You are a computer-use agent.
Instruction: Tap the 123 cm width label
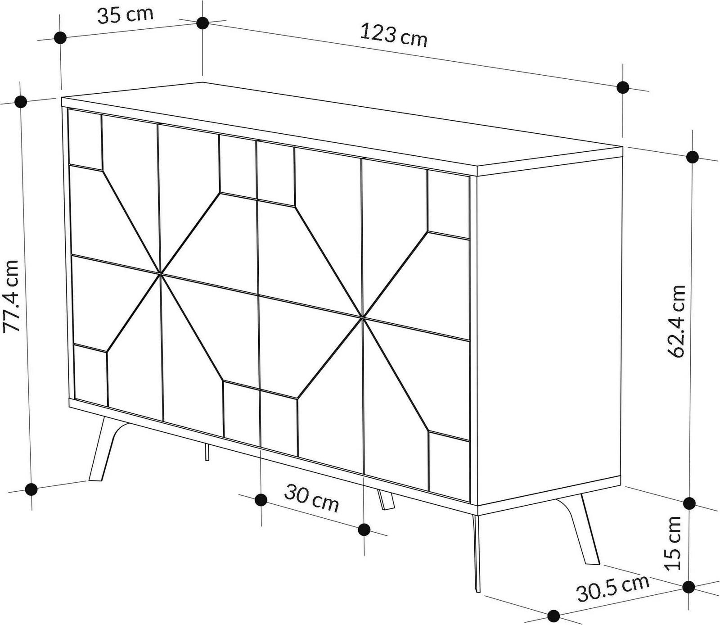click(393, 35)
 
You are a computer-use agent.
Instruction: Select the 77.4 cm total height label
click(12, 295)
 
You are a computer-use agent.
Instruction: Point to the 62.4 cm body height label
click(676, 321)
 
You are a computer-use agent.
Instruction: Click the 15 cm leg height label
click(674, 544)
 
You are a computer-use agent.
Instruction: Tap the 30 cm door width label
click(311, 498)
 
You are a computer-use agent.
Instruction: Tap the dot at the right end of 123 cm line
click(623, 87)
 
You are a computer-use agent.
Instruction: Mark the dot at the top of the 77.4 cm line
click(20, 102)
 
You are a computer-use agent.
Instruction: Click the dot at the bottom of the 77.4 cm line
click(31, 489)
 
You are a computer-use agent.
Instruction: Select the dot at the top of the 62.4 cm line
click(693, 157)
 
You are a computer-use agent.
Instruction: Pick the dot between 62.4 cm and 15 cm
click(689, 503)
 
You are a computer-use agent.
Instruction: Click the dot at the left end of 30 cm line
click(261, 499)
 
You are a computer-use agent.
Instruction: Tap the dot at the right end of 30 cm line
click(364, 529)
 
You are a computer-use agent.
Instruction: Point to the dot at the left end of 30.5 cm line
click(554, 615)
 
